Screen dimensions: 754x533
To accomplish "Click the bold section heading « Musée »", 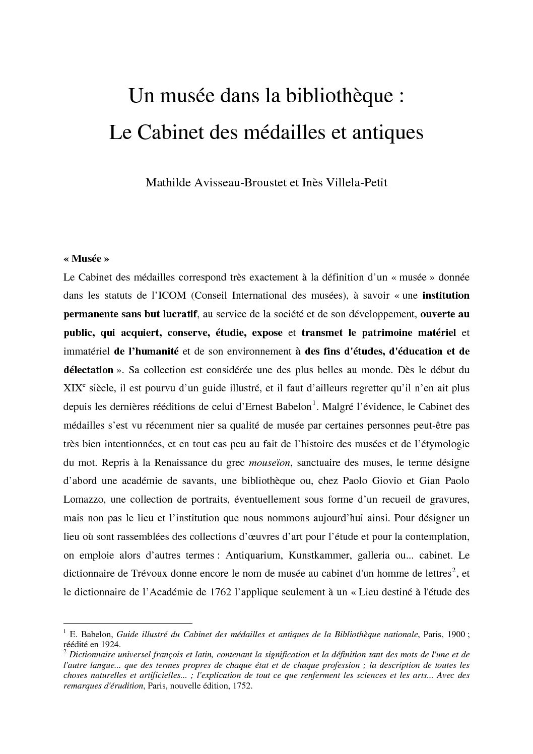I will click(x=87, y=259).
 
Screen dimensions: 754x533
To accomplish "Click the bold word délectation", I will click(x=89, y=370).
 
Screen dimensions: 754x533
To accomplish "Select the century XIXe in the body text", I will click(x=75, y=388).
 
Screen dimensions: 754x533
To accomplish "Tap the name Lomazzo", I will click(x=84, y=500).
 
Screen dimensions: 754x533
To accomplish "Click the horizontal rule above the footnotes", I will click(x=128, y=624).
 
